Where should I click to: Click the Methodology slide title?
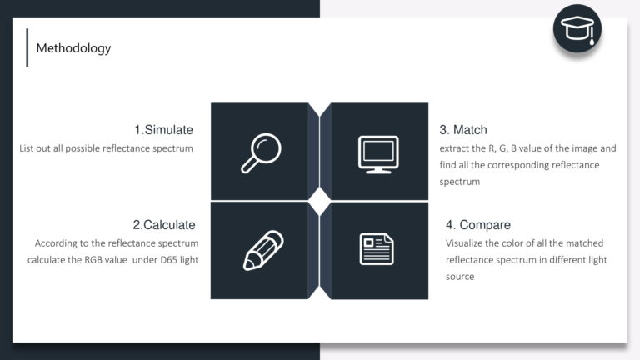point(73,48)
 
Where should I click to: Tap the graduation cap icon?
point(577,29)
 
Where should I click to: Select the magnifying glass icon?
point(261,153)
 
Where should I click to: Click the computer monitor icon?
point(378,155)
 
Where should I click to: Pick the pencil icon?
point(263,250)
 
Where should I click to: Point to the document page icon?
point(377,249)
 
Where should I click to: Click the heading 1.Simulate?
point(163,130)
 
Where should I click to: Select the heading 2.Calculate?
point(164,225)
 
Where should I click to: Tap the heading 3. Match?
point(463,130)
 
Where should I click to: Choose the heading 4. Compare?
point(478,225)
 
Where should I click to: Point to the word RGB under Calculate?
point(93,260)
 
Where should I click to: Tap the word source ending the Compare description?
point(460,277)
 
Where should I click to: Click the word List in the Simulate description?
point(26,148)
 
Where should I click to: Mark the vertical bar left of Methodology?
point(27,47)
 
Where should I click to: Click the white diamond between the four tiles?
point(320,201)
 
